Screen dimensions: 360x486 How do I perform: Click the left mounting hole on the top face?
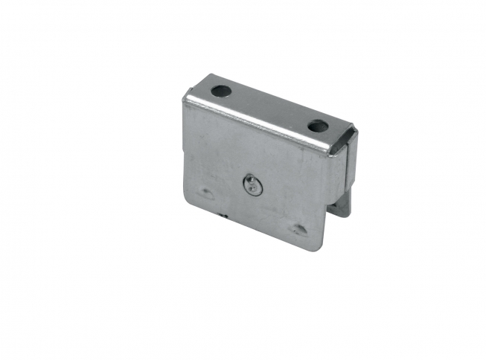coord(220,91)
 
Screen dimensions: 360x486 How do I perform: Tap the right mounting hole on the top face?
coord(319,126)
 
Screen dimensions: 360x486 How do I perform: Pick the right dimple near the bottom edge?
coord(299,229)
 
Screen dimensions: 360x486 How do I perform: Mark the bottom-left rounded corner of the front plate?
coord(188,202)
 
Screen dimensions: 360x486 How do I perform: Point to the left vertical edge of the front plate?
coord(184,149)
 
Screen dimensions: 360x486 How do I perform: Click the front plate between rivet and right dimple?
coord(277,208)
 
